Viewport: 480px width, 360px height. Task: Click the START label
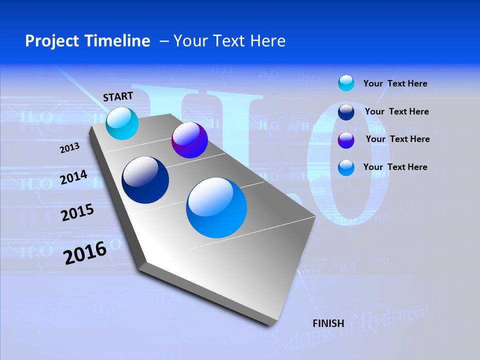point(118,96)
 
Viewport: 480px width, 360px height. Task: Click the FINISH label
point(328,323)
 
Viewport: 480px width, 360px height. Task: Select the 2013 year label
point(70,148)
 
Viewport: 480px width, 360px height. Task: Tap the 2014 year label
point(73,177)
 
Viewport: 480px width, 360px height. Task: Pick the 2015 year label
point(77,213)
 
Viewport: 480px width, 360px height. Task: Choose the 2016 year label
point(85,252)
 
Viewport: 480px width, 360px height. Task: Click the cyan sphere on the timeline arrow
point(122,123)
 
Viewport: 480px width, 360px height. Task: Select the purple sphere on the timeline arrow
point(189,140)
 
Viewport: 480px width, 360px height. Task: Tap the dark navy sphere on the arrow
point(145,180)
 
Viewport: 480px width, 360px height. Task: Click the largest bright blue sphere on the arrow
point(216,207)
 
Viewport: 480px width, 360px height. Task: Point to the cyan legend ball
point(346,83)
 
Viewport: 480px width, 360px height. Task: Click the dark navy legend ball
point(346,112)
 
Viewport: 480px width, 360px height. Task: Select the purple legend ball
point(346,140)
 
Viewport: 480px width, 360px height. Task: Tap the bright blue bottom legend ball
point(346,167)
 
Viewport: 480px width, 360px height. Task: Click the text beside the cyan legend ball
point(395,83)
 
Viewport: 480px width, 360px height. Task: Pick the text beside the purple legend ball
point(397,139)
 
